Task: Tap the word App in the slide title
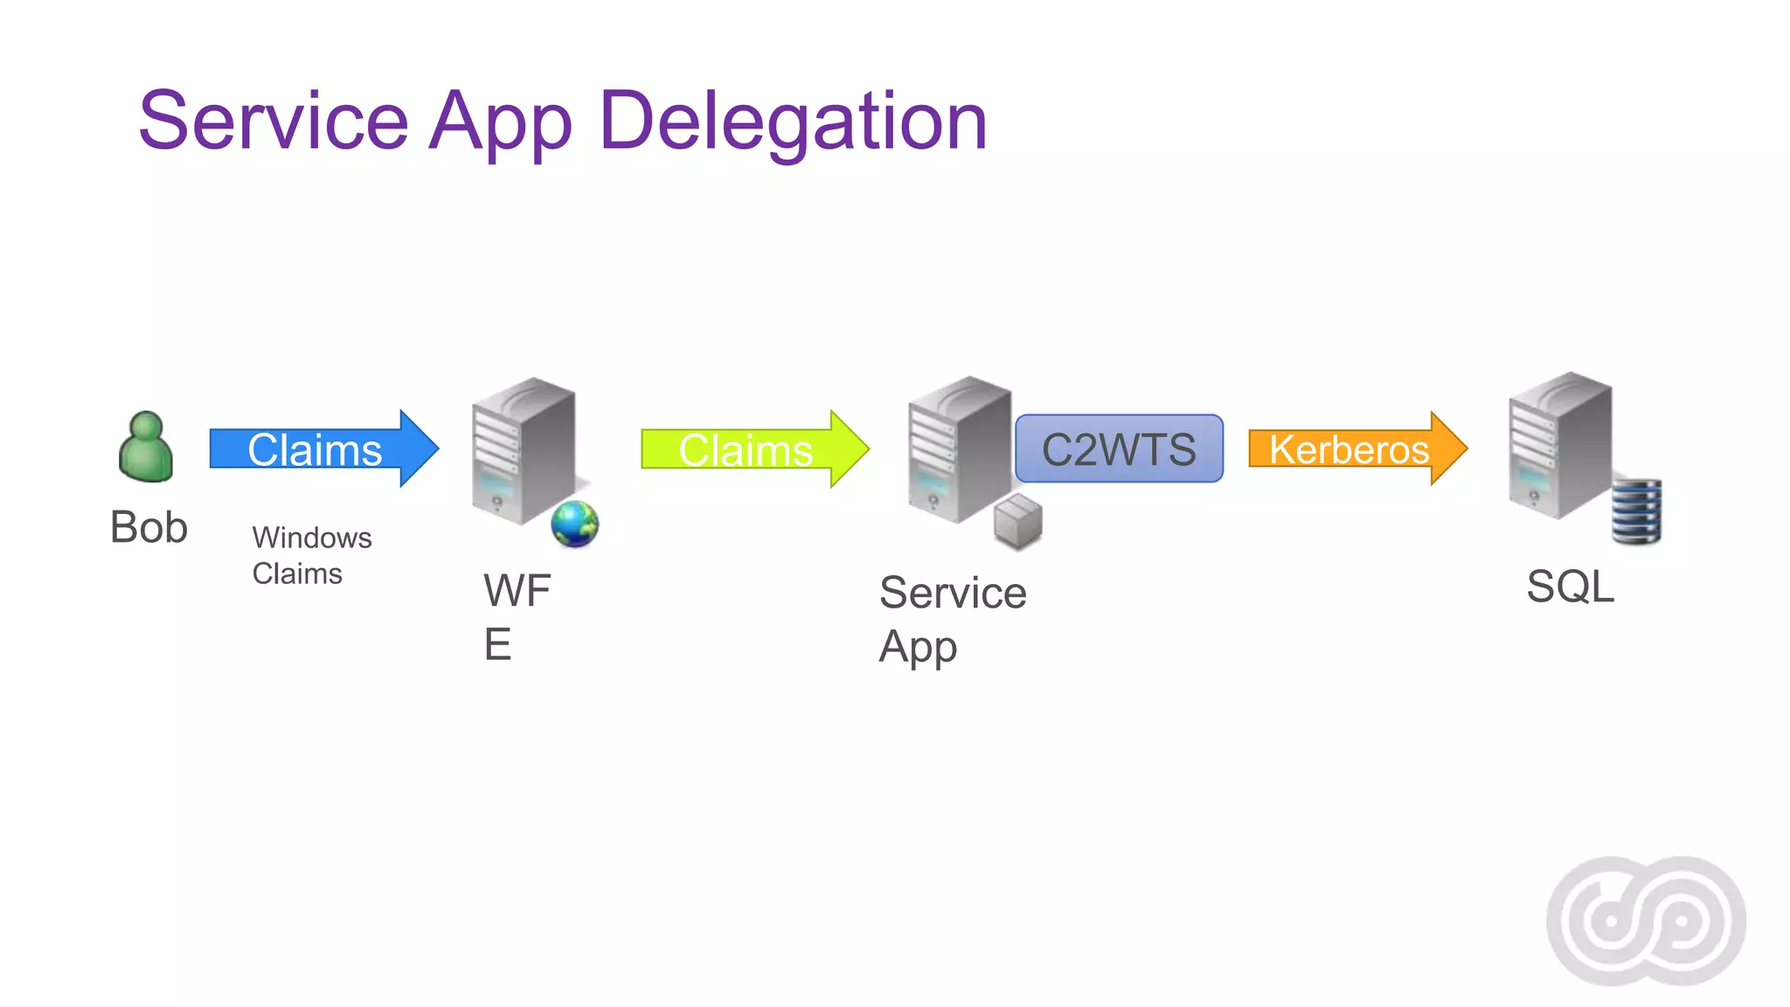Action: [x=502, y=122]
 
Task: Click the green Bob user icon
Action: [x=146, y=447]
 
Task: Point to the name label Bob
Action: [x=149, y=527]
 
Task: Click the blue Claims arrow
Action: [x=323, y=448]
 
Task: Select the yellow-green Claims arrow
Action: [x=754, y=449]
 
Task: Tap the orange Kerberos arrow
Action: [x=1356, y=448]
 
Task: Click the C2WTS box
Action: [x=1119, y=448]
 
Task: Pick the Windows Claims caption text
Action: [x=311, y=555]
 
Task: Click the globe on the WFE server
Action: [x=574, y=524]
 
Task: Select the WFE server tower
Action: [x=523, y=450]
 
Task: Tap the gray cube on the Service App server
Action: [x=1018, y=521]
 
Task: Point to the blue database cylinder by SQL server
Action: [x=1636, y=511]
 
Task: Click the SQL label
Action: [x=1570, y=586]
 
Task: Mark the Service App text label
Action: [x=952, y=619]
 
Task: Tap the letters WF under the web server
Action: [x=517, y=590]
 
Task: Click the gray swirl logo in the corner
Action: [x=1646, y=920]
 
